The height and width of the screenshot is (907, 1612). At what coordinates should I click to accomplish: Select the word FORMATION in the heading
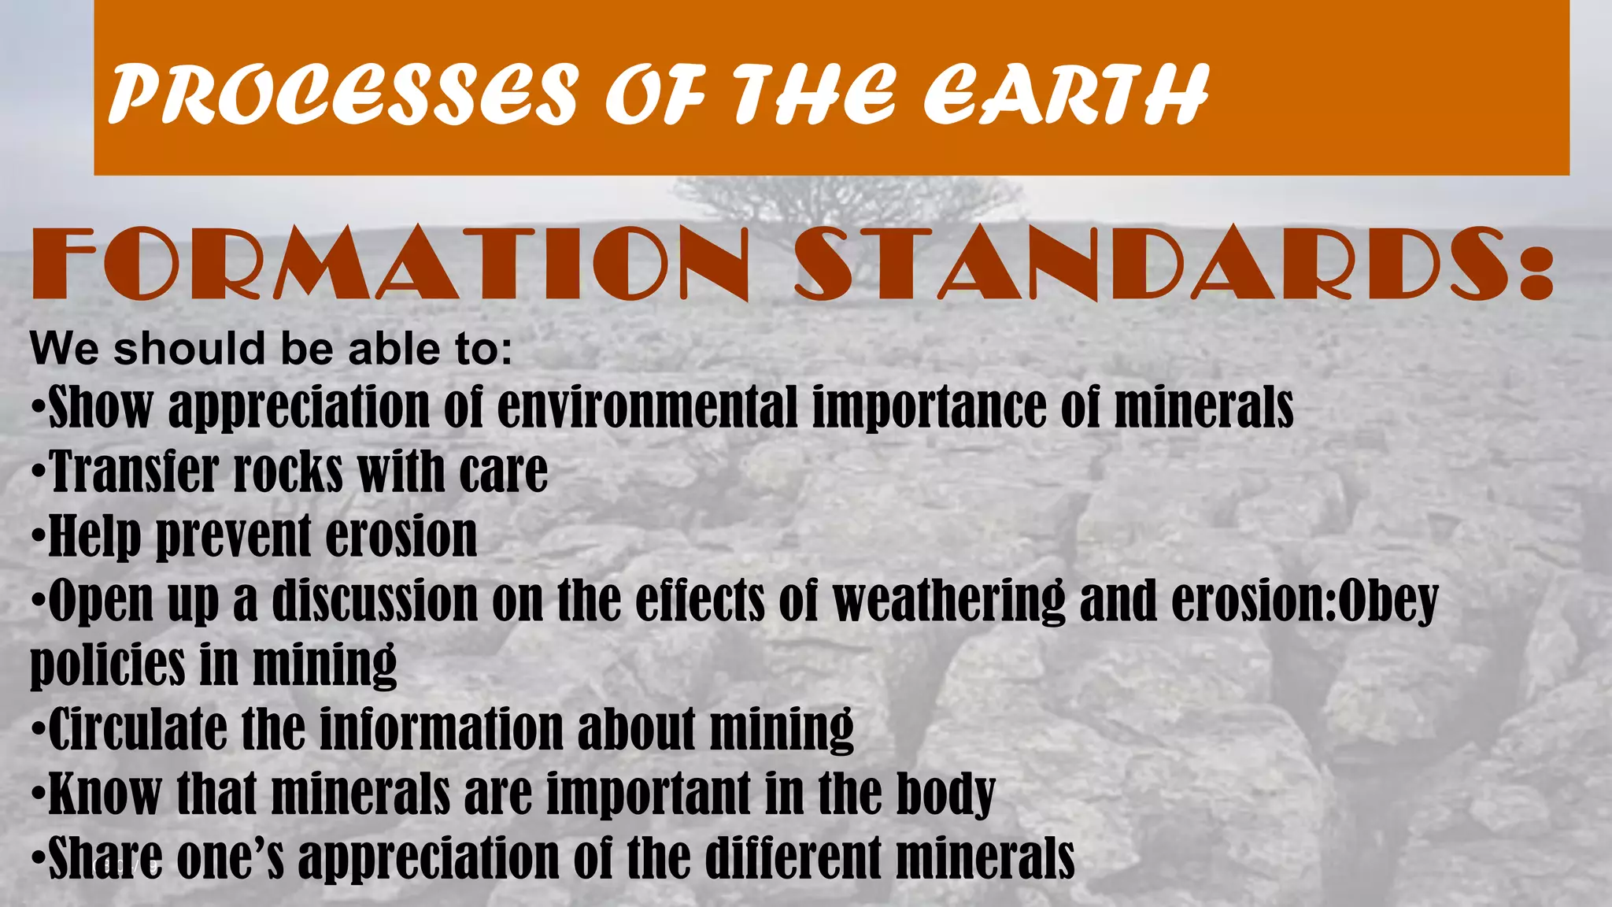click(x=390, y=264)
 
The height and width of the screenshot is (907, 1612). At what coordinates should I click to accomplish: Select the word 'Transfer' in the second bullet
click(x=134, y=472)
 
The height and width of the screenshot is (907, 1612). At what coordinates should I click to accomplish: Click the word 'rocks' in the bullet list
click(x=288, y=472)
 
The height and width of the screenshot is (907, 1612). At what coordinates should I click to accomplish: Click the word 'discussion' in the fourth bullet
click(x=375, y=601)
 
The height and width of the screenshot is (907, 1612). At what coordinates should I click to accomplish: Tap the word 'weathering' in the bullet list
click(x=948, y=601)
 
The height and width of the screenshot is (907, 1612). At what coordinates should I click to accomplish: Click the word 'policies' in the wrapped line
click(x=107, y=665)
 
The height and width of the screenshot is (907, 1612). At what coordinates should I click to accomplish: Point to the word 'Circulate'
click(x=137, y=728)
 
